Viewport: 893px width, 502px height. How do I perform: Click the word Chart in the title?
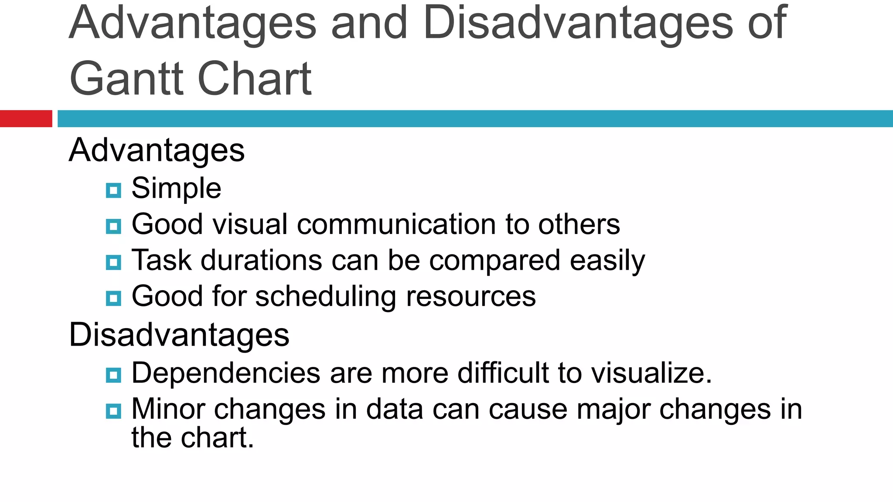coord(255,79)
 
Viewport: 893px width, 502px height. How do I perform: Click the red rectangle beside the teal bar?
coord(26,119)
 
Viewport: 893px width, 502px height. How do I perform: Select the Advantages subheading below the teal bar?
coord(157,150)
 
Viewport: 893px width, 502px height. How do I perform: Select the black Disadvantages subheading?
coord(179,335)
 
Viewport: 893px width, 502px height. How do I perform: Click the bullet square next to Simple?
coord(113,190)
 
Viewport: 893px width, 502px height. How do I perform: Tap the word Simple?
coord(176,189)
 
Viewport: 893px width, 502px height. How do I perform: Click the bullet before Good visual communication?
coord(113,227)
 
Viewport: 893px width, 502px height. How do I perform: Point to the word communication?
coord(396,224)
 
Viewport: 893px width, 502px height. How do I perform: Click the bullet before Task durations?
coord(113,262)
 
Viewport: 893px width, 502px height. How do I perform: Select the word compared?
coord(494,261)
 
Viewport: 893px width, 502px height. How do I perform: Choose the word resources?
coord(471,297)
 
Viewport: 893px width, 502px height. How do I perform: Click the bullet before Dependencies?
coord(113,375)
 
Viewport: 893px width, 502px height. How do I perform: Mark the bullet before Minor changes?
coord(113,411)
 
